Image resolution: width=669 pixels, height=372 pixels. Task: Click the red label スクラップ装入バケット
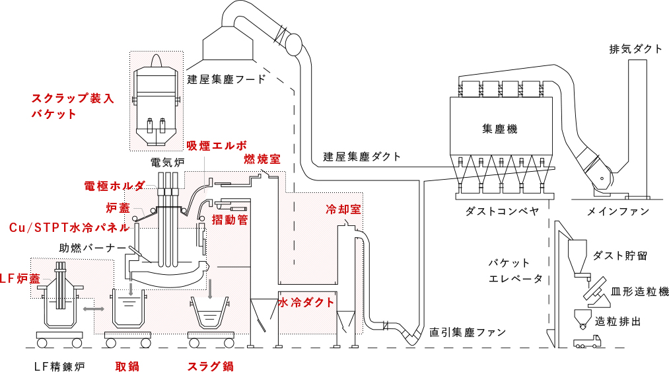point(73,106)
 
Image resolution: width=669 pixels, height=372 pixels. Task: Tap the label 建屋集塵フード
point(227,79)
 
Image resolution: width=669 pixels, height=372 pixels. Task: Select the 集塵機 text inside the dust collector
point(500,129)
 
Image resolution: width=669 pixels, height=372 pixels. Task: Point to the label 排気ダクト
point(636,49)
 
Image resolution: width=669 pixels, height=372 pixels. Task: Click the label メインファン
point(618,211)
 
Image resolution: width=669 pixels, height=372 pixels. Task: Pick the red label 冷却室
point(343,209)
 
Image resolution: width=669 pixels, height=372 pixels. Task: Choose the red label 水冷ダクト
point(306,303)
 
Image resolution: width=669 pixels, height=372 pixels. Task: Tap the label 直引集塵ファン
point(468,332)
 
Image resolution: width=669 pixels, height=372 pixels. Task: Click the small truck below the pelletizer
point(587,342)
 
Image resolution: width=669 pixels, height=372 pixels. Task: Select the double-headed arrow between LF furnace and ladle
point(93,309)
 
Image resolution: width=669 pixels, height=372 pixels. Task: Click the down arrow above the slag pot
point(210,290)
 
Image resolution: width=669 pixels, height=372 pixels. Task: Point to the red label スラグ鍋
point(211,367)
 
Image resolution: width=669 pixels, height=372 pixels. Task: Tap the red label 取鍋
point(127,367)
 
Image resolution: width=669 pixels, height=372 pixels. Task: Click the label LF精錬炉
point(59,367)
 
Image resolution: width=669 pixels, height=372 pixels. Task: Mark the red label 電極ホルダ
point(114,186)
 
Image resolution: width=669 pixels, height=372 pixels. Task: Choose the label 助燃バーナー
point(93,248)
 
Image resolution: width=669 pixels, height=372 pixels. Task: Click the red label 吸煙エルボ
point(217,145)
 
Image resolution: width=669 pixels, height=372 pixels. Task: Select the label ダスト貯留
point(620,256)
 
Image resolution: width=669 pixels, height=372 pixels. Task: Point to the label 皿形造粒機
point(639,291)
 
